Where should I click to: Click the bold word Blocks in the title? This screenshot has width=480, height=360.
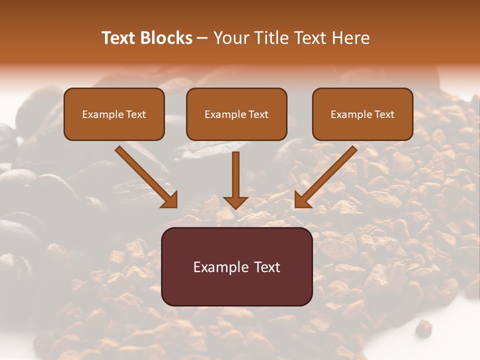167,38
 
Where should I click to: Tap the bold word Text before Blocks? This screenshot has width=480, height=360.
120,38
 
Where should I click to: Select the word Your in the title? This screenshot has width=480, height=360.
230,38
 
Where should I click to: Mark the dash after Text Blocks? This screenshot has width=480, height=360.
202,38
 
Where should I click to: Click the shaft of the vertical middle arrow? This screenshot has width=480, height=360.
235,172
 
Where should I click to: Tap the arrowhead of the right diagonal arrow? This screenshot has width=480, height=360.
301,200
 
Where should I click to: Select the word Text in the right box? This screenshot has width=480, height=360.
384,114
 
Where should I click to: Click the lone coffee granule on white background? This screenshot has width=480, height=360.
424,327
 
